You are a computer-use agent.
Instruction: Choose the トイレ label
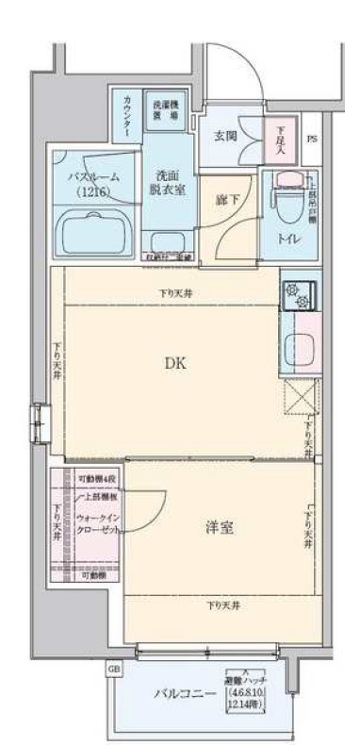coord(288,239)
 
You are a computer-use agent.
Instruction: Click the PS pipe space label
coord(312,140)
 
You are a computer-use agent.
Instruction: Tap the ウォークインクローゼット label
coord(96,523)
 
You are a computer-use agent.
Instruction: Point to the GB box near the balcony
coord(115,669)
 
